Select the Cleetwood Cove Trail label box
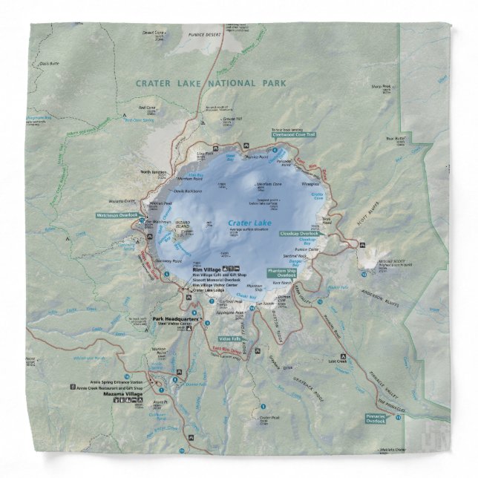pyautogui.click(x=295, y=135)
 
